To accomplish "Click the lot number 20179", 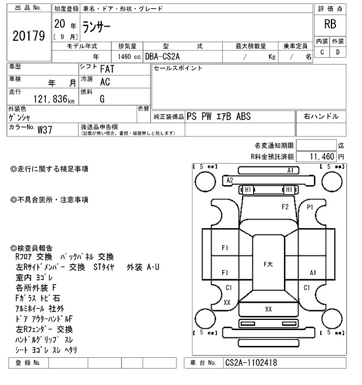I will (x=28, y=36).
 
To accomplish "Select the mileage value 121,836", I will (x=51, y=100).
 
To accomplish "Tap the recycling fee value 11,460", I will (x=320, y=156).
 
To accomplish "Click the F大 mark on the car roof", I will (x=268, y=264).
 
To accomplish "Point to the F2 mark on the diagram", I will (x=285, y=207).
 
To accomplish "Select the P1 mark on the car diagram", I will (x=310, y=207).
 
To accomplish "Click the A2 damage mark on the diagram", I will (x=230, y=180).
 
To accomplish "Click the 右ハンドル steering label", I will (x=321, y=116).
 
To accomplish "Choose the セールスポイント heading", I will (x=178, y=69).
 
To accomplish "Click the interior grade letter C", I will (x=322, y=52).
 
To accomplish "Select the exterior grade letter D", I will (x=338, y=52).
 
